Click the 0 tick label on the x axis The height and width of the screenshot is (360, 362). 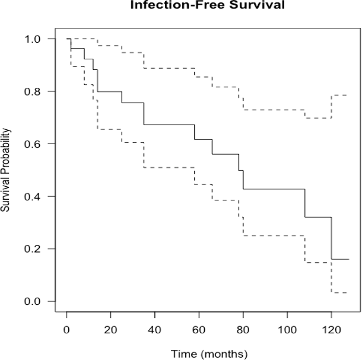coord(66,330)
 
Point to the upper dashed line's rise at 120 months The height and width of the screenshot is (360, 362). coord(332,107)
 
